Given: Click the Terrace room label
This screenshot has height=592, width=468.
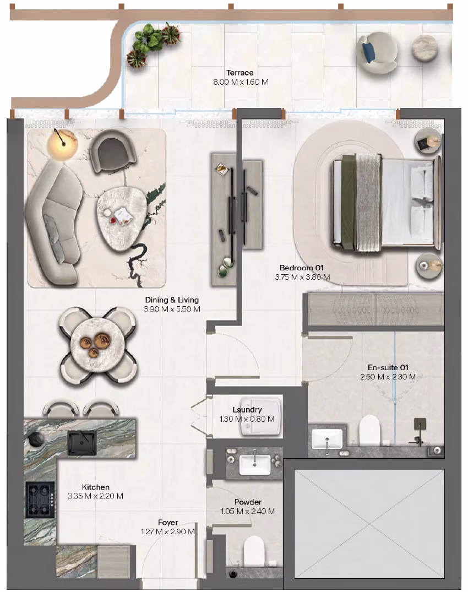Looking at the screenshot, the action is tap(240, 73).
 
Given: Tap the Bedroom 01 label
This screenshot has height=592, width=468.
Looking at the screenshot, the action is tap(302, 268).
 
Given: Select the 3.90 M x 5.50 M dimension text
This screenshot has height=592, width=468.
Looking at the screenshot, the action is tap(172, 309).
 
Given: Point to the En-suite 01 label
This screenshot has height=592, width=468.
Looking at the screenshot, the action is tap(388, 367).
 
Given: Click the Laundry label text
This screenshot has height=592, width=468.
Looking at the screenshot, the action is tap(247, 410).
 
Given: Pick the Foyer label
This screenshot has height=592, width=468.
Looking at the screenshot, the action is tap(168, 523).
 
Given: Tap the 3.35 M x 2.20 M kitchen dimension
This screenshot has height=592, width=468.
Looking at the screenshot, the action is tap(95, 496).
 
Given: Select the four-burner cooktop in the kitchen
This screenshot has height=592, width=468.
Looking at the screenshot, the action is tap(40, 499).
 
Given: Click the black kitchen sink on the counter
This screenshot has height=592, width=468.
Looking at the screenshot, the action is tap(82, 443).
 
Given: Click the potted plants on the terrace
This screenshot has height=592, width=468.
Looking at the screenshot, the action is tap(151, 44).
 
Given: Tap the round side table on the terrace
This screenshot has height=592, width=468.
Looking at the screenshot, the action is tap(425, 48).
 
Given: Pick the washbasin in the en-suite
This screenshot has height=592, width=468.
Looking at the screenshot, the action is tap(327, 439).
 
